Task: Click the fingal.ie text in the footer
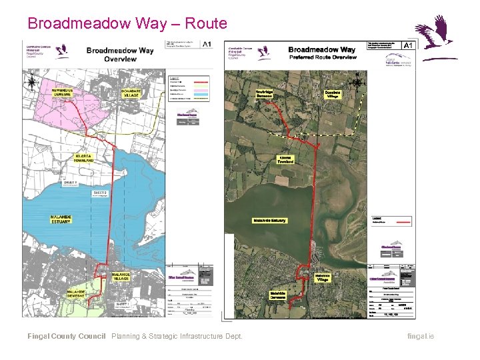[420, 336]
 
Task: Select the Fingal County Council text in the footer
[66, 336]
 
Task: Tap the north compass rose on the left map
[33, 83]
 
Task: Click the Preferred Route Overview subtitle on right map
[323, 57]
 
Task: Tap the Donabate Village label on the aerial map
[333, 95]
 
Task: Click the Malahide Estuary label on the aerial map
[269, 220]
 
